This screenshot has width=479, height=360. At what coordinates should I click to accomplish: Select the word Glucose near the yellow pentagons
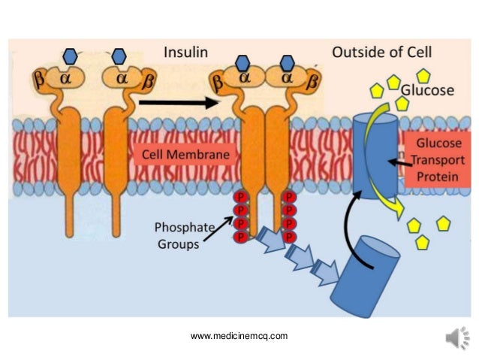(428, 90)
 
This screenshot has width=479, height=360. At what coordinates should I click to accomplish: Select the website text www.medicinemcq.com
(239, 336)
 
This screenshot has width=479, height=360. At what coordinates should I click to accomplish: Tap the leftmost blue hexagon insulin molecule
(70, 55)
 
